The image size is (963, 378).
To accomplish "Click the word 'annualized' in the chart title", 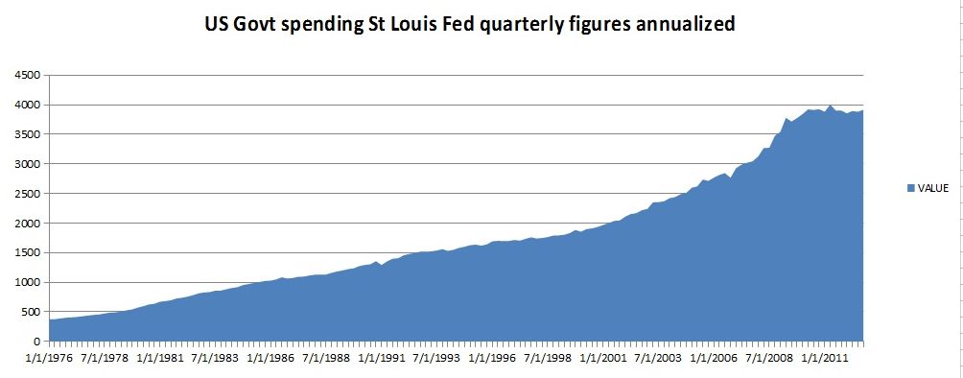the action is coord(686,23).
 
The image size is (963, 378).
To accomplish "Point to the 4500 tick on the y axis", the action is coord(30,75).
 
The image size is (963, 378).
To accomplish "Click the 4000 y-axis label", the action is coord(30,106).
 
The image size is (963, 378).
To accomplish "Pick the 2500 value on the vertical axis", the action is coord(30,194).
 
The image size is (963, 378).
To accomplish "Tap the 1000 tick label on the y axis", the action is coord(30,282).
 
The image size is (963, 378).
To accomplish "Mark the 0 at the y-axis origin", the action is coord(37,342).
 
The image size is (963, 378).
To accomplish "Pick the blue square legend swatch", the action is coord(910,189).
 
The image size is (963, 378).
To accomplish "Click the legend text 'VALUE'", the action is coord(932,189).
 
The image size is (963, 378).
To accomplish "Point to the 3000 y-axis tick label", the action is coord(30,164).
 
